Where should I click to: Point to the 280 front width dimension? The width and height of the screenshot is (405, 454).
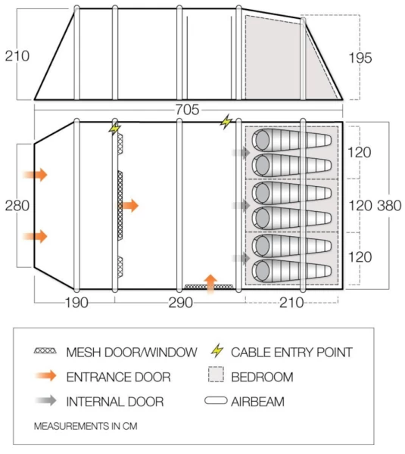point(16,205)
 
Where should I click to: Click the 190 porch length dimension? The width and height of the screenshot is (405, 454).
point(74,303)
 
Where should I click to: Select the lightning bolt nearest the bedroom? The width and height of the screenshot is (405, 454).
point(226,121)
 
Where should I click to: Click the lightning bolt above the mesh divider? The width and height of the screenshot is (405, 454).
point(115,128)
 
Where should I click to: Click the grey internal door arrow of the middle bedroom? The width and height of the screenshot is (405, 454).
point(241,205)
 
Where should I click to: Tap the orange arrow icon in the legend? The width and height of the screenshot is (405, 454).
point(46,376)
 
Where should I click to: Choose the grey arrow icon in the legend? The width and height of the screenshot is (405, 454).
point(46,401)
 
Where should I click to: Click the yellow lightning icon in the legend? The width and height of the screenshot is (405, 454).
point(217,351)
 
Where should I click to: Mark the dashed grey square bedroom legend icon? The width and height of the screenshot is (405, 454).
point(217,376)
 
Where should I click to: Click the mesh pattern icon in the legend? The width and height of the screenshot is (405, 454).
point(47,352)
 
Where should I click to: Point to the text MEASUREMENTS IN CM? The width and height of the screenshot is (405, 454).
point(86,426)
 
